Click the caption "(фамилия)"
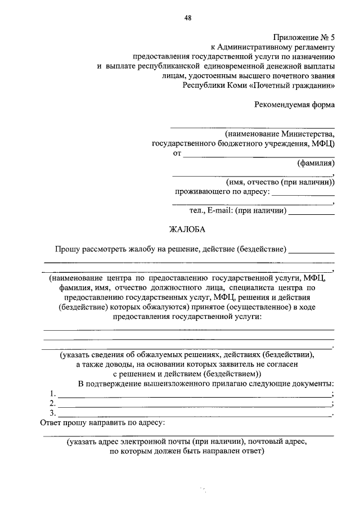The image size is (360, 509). tap(316, 164)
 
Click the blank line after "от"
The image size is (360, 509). tap(259, 154)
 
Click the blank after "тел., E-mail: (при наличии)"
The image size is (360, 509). tap(312, 212)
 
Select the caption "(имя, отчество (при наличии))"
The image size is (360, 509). tap(280, 182)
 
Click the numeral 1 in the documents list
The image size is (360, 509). tap(52, 393)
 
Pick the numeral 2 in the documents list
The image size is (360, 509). tap(52, 403)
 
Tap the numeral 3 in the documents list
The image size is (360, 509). tap(52, 413)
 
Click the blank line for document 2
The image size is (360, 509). tap(194, 405)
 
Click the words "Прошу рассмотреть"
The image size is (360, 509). tap(90, 249)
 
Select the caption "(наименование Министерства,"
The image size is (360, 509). tap(280, 134)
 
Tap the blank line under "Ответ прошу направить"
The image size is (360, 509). tap(188, 435)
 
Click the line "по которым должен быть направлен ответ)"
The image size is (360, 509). tap(187, 451)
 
